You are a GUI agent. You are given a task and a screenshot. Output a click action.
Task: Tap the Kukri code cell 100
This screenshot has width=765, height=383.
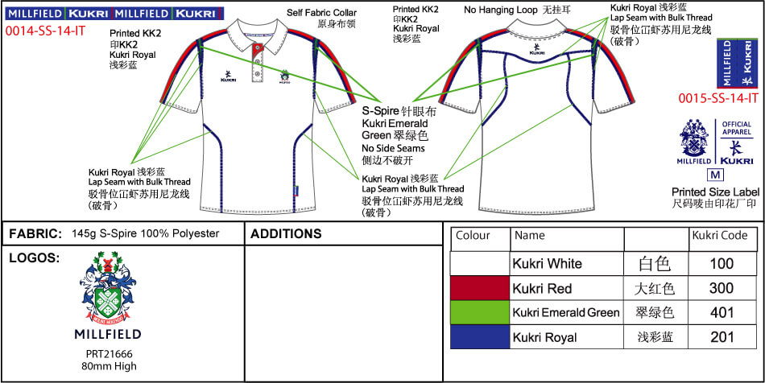[722, 263]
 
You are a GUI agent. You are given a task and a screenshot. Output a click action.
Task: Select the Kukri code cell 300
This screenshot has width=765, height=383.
[722, 287]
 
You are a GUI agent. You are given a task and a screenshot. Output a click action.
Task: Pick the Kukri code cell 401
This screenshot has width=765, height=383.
[722, 312]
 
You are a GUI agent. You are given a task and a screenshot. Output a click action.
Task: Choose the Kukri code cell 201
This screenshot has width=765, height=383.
[722, 337]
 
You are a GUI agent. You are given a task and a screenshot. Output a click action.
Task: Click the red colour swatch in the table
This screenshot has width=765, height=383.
[480, 287]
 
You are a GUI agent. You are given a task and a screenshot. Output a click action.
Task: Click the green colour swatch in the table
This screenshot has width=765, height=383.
[480, 312]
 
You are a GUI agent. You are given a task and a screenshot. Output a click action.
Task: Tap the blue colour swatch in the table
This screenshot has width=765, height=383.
[480, 337]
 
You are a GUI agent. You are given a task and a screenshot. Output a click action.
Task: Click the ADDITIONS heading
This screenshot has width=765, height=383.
[287, 234]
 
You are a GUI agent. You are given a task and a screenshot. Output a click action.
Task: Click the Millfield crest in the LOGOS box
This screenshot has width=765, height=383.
[112, 290]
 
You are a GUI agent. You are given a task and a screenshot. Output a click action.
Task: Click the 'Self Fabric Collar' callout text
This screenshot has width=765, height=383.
[321, 14]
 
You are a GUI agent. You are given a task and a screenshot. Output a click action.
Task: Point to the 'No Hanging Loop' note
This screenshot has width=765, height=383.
[500, 10]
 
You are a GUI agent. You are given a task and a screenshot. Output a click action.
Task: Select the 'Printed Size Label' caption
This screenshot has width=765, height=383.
[714, 192]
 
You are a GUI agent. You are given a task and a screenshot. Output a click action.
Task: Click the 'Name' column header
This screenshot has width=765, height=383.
[529, 236]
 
